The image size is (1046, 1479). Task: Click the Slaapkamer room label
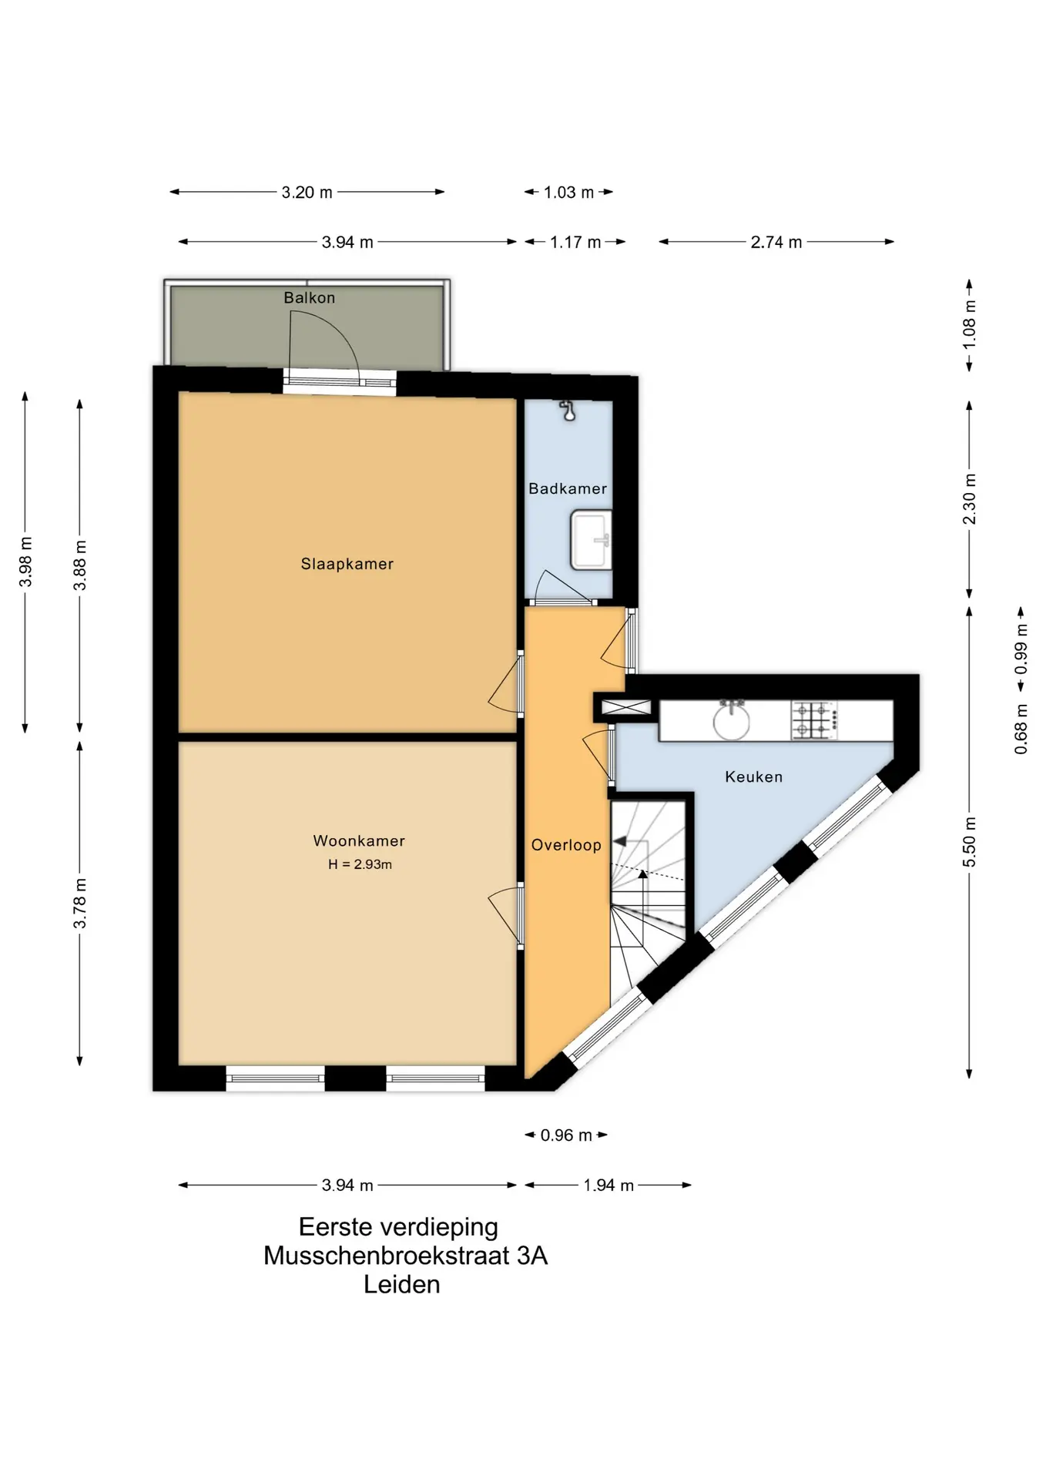347,564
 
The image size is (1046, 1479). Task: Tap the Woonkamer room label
359,841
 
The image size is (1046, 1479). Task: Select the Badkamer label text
568,488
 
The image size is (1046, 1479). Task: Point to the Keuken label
753,777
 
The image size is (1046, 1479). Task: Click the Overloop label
566,845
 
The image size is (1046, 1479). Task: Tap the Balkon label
309,297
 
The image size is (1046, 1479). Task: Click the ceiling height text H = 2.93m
360,864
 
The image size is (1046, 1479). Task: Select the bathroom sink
591,540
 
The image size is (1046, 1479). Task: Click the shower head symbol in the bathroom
569,411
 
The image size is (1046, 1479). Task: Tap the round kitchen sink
731,721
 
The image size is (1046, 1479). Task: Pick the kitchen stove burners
814,720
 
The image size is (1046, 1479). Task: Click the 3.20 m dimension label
307,193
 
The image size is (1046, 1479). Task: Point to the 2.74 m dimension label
776,243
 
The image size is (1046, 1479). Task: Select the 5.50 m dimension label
970,841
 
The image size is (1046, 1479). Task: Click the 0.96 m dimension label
566,1135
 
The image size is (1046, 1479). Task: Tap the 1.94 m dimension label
608,1186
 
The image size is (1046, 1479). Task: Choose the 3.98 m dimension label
25,562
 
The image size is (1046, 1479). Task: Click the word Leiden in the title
401,1285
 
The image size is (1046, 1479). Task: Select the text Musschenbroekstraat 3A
405,1256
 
